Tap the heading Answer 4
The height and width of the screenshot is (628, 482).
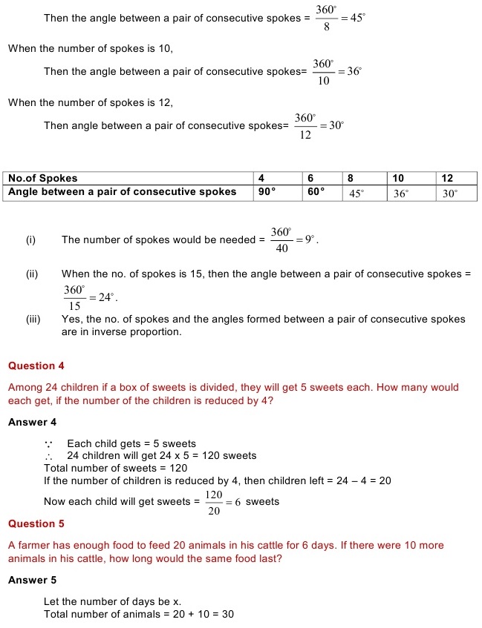32,422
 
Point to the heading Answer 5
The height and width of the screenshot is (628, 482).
32,580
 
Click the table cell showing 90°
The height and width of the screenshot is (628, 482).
267,192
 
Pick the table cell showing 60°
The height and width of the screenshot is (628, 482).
316,192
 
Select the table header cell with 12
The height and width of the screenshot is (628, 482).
448,179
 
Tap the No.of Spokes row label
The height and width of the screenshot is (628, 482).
42,179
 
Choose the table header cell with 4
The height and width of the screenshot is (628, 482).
261,179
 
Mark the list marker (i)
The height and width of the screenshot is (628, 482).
30,239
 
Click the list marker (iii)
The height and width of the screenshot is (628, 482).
33,320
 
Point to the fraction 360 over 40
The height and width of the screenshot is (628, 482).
281,240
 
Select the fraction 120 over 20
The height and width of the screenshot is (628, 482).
215,502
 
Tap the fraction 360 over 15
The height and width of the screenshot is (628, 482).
75,297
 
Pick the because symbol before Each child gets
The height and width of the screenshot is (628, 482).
48,444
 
